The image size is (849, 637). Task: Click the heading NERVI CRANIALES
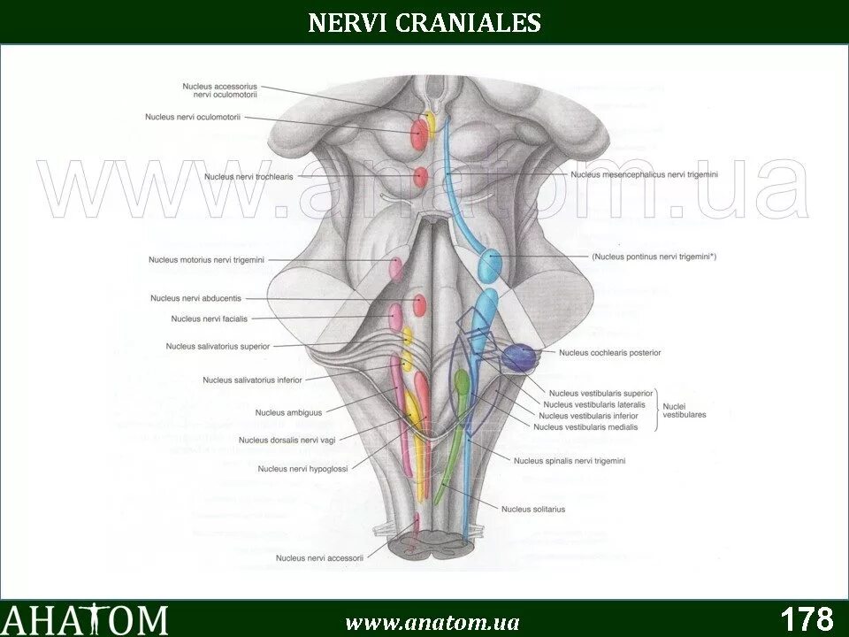click(424, 22)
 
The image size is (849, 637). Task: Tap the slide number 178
click(807, 618)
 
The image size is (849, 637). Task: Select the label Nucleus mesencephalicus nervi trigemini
click(644, 175)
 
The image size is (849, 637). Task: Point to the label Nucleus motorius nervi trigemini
click(206, 259)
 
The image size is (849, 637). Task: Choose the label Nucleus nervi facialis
click(210, 318)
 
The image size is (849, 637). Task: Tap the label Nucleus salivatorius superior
click(218, 346)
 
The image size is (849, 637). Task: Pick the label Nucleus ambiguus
click(288, 412)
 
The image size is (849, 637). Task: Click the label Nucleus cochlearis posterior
click(609, 353)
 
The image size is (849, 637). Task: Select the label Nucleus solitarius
click(532, 509)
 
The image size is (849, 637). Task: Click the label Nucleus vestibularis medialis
click(587, 426)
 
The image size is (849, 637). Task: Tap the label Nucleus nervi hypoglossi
click(302, 468)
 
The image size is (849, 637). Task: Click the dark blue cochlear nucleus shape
click(520, 357)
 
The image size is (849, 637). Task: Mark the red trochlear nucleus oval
click(420, 176)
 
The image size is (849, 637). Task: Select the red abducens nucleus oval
click(419, 305)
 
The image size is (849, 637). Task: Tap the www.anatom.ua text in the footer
click(432, 622)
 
